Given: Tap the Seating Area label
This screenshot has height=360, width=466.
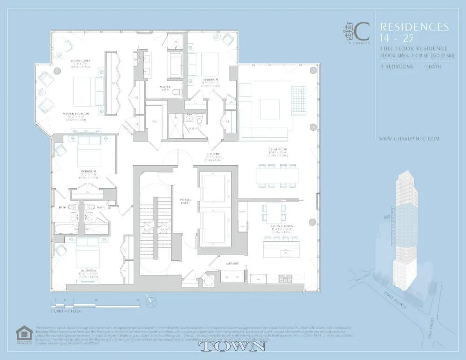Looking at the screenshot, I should coord(80,61).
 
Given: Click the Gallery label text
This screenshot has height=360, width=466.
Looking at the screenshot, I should coord(214,154).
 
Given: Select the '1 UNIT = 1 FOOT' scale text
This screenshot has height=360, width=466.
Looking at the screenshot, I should coord(68,310).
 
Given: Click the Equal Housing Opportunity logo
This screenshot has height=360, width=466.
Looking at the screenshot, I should coord(23,334).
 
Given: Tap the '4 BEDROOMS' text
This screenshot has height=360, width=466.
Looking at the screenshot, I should coord(397,67).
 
